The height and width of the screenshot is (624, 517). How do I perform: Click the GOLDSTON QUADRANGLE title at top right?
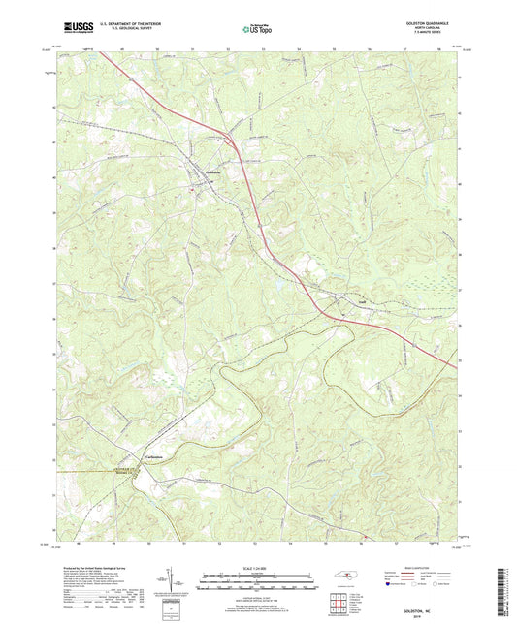pos(433,21)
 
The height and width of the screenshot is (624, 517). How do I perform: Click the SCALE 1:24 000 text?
pos(257,569)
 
